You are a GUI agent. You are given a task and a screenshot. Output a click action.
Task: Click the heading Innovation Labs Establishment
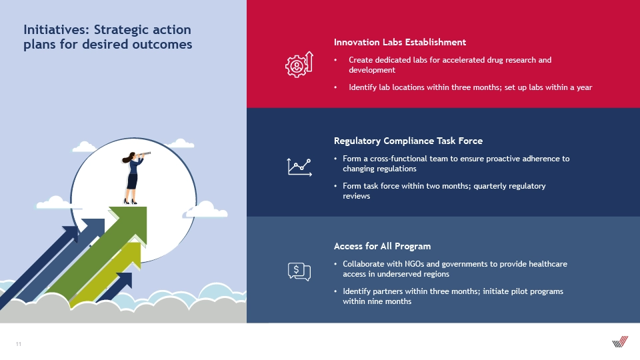tap(399, 42)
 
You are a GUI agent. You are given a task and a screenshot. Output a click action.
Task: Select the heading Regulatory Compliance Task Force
tap(408, 141)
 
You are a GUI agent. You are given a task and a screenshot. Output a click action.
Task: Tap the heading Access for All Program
tap(382, 246)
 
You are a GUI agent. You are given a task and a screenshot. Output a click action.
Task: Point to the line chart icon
tap(299, 167)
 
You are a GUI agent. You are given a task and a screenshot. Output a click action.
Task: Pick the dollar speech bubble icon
tap(299, 271)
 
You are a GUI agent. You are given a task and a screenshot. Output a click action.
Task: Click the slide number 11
tap(19, 344)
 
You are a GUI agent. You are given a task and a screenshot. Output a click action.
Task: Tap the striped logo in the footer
tap(620, 341)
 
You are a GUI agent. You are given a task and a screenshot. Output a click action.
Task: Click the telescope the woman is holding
tap(143, 154)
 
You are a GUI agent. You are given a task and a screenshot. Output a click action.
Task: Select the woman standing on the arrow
tap(133, 178)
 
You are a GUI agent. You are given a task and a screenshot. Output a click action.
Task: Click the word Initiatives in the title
tap(56, 30)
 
